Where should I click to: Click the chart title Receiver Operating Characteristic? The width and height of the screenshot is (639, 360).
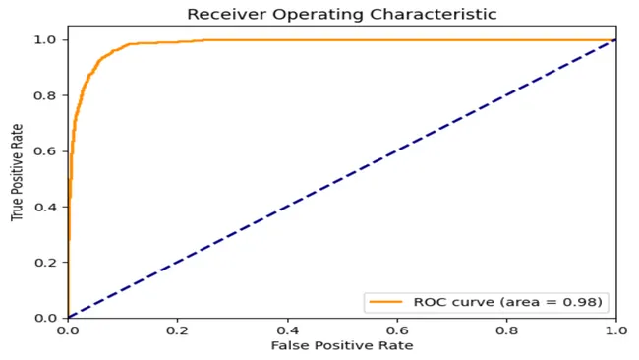point(341,14)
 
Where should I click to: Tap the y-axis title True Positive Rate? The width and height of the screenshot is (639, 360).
point(18,178)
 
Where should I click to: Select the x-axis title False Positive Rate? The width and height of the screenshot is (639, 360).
point(341,346)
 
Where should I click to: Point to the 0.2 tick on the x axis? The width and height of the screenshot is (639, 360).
point(177,331)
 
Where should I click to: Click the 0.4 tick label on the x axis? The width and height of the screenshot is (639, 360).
point(287,331)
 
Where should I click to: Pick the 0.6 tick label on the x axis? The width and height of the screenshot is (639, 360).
point(397,331)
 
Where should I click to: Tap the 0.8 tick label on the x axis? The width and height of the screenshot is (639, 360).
point(506,331)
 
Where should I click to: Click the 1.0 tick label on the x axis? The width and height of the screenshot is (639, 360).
point(615,331)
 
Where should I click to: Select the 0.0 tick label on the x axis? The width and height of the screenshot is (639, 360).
point(68,331)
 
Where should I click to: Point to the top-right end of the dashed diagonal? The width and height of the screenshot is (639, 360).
point(615,40)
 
